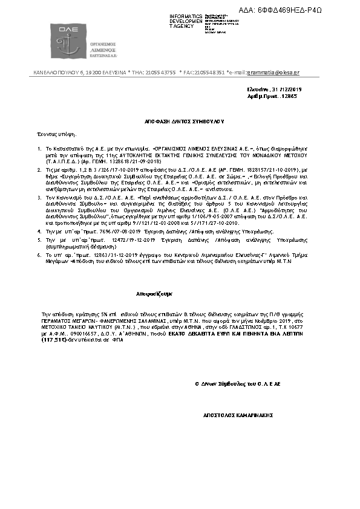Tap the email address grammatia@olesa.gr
[273, 73]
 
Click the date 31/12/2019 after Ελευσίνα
[288, 89]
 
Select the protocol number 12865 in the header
[289, 96]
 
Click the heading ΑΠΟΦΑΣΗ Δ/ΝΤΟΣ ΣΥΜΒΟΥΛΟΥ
[180, 122]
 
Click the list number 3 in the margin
[40, 198]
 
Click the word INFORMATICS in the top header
[186, 16]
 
